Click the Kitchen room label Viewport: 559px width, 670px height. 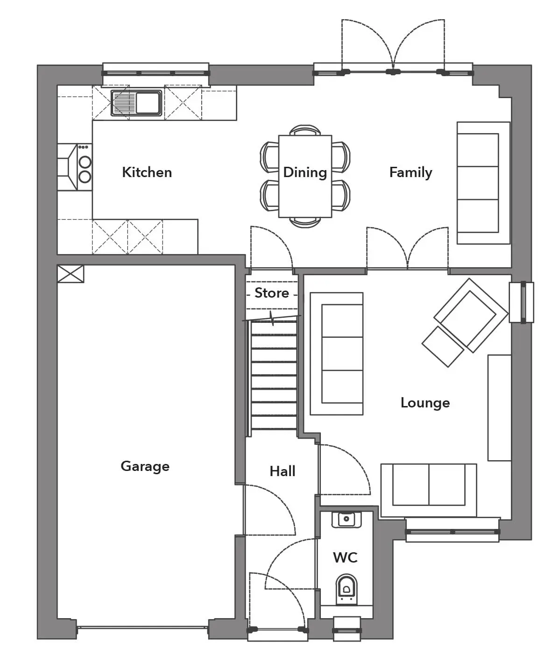[x=147, y=172]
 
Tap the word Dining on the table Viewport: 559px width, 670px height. [x=305, y=172]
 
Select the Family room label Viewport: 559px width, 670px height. [x=411, y=172]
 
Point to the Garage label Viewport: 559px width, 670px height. [x=145, y=467]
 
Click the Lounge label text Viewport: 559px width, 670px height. [x=425, y=403]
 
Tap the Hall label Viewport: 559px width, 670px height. [x=282, y=471]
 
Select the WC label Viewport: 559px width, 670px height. [x=346, y=558]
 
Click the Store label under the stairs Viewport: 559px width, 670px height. [x=272, y=293]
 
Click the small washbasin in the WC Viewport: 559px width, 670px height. [x=347, y=519]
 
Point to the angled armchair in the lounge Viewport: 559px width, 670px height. [x=471, y=315]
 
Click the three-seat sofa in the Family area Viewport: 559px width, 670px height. [x=483, y=183]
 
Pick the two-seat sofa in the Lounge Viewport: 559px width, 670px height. [x=429, y=490]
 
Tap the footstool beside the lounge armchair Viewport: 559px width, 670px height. [x=443, y=347]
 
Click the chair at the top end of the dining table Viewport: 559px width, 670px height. [x=305, y=130]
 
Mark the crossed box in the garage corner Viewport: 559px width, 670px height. [x=71, y=274]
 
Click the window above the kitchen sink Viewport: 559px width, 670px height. [x=156, y=73]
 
